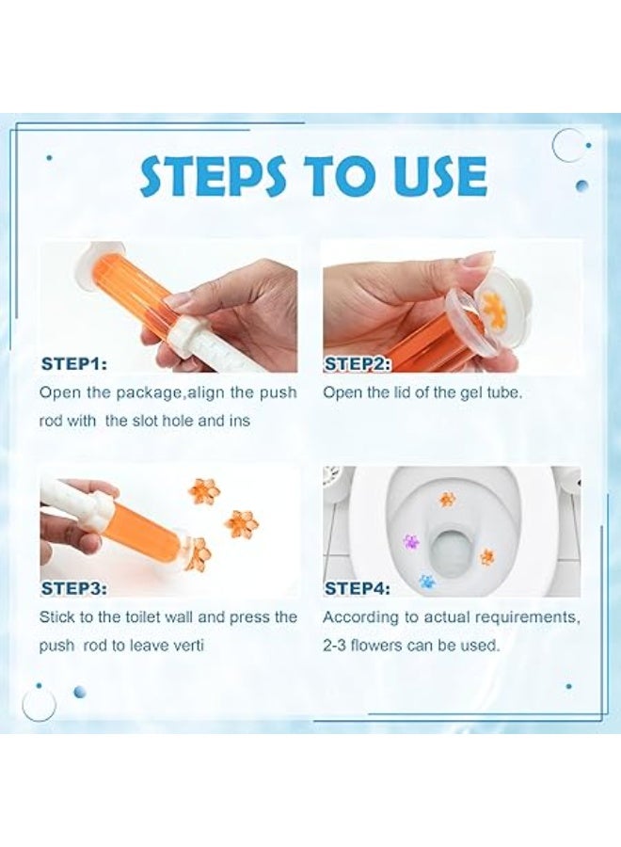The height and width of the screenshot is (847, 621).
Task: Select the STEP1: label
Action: click(x=74, y=363)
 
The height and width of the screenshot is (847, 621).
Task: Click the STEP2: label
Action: click(x=357, y=364)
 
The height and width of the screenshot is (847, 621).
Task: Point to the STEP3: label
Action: click(x=74, y=588)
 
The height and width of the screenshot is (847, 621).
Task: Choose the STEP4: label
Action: click(x=357, y=588)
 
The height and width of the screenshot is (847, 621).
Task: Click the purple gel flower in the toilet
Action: click(x=411, y=541)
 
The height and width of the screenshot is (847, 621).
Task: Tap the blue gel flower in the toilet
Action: click(x=428, y=582)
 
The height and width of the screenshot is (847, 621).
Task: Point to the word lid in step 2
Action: click(x=396, y=392)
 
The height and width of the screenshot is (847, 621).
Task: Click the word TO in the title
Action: click(x=337, y=177)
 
